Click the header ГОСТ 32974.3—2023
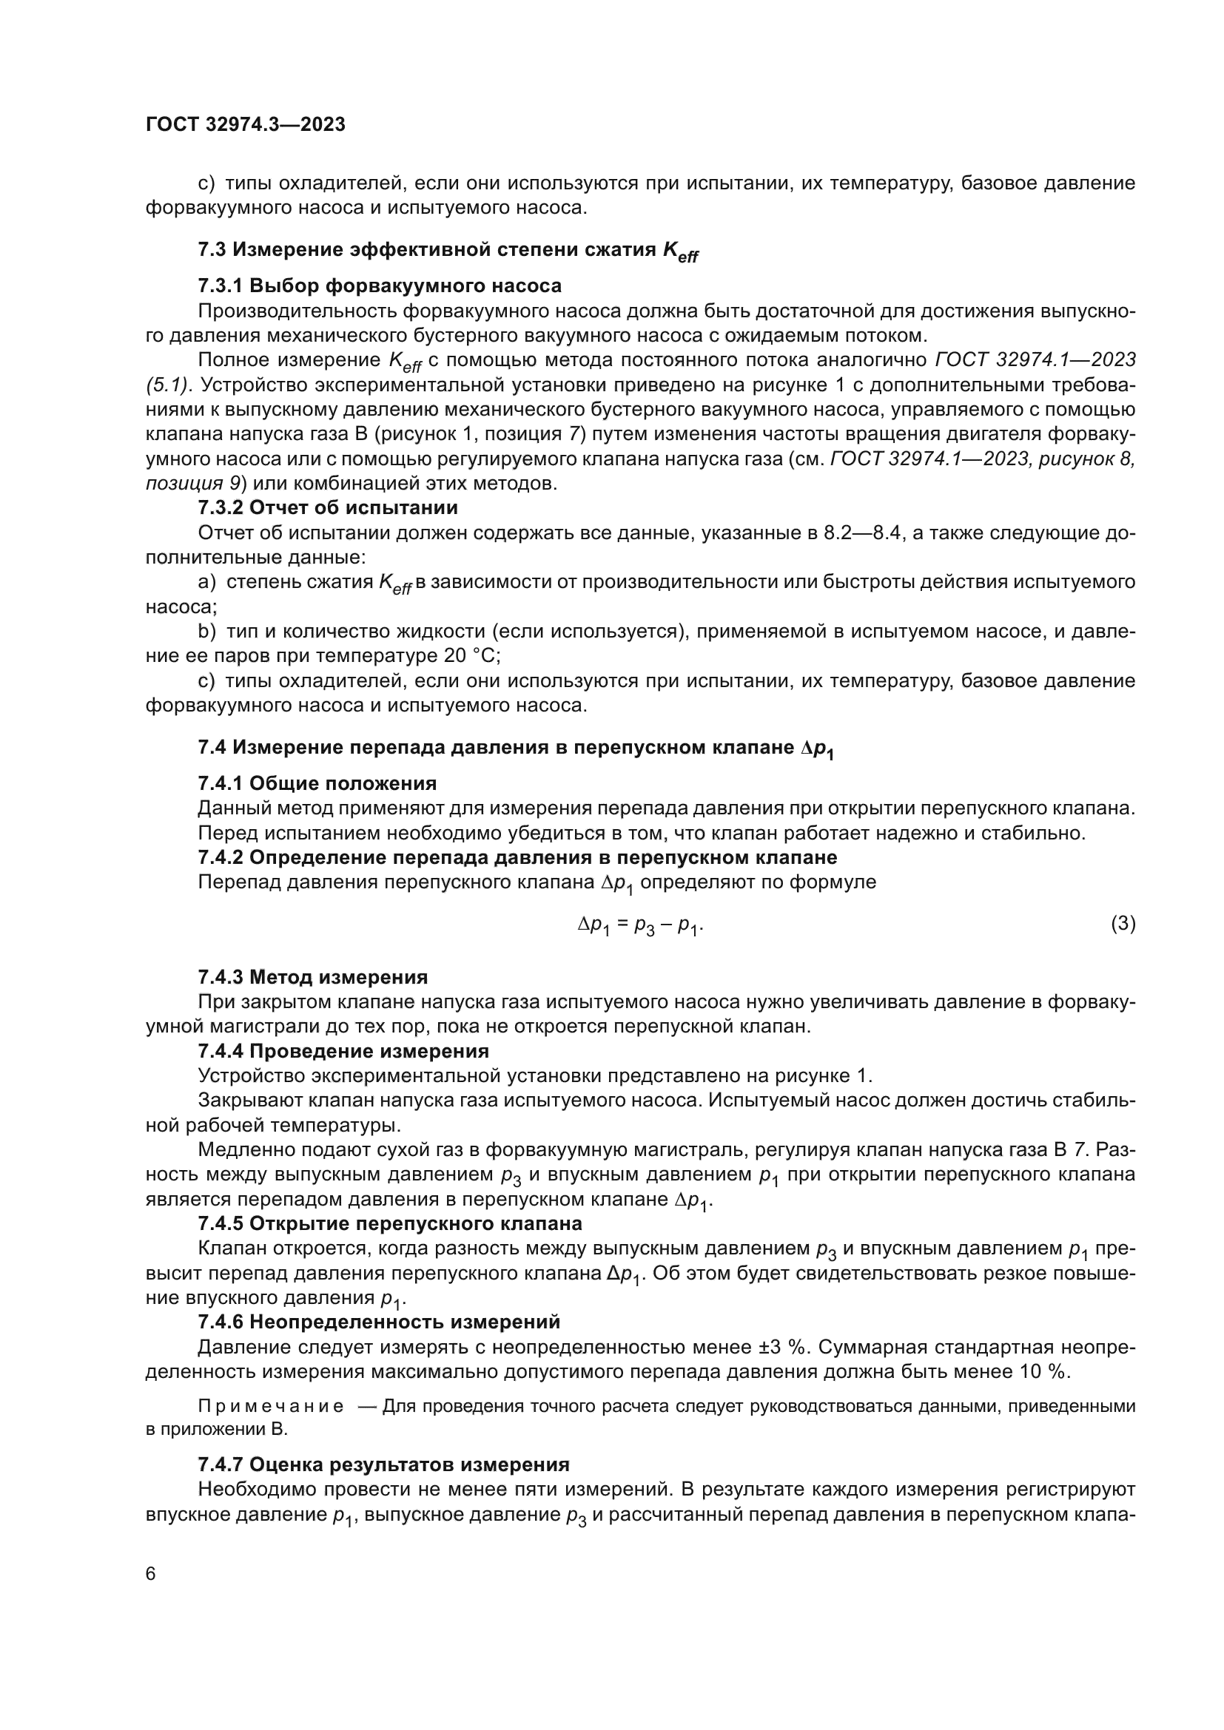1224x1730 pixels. (245, 125)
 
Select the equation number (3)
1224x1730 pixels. (1123, 923)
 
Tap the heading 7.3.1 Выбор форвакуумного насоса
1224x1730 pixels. (379, 285)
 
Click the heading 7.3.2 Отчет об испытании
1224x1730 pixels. (327, 508)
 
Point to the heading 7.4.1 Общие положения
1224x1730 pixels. (317, 783)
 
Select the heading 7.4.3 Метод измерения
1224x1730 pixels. (312, 977)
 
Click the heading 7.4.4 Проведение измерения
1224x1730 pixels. (343, 1051)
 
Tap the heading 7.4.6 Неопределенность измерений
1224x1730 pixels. (378, 1322)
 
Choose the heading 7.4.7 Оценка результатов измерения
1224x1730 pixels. (383, 1464)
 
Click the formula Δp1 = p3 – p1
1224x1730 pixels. (640, 925)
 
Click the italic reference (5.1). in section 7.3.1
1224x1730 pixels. (169, 385)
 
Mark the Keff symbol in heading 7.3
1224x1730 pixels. (680, 251)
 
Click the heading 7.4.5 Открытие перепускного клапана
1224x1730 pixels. (390, 1223)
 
